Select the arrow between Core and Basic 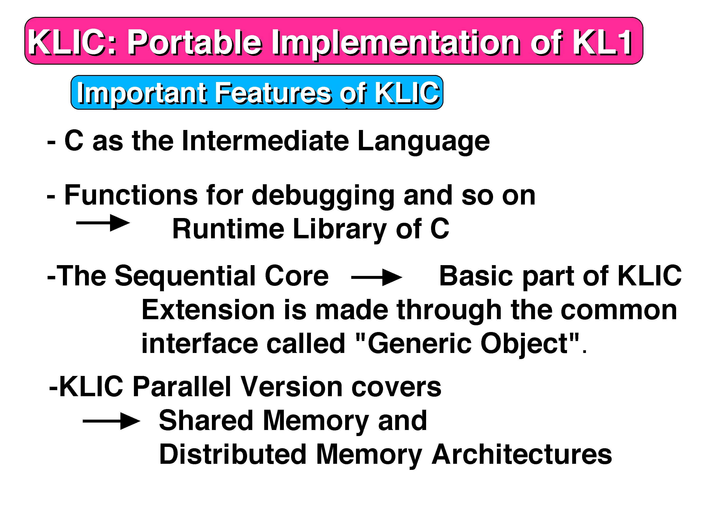(377, 277)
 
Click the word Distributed (233, 454)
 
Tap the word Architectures (522, 454)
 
